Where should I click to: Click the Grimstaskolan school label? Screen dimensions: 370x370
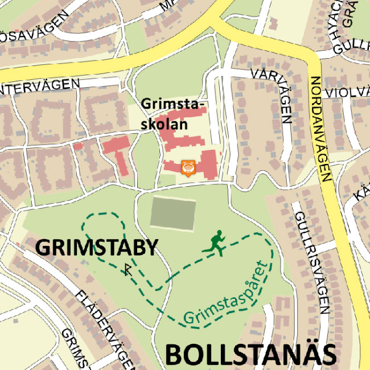point(172,114)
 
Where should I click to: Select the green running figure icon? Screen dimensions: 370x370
point(215,243)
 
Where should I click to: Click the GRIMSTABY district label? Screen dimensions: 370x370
point(96,248)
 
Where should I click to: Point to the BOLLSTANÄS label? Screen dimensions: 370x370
point(250,354)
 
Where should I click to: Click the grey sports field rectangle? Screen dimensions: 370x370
point(173,213)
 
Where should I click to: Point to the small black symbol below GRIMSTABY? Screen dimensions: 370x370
point(128,269)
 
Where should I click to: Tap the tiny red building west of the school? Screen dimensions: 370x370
point(78,147)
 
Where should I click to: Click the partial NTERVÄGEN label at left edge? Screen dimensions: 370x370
point(40,87)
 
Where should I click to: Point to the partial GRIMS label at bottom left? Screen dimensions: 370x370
point(75,348)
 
